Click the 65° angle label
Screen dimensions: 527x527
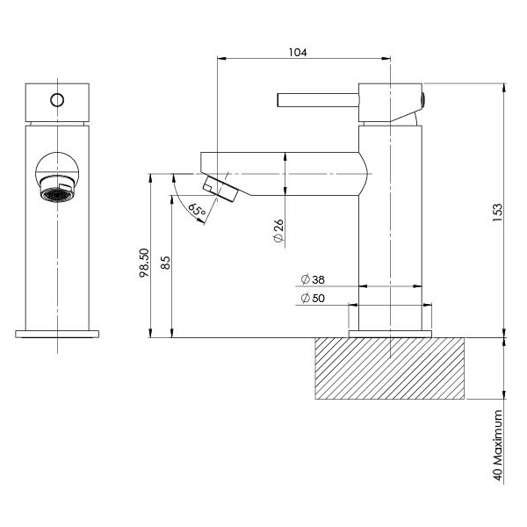click(197, 210)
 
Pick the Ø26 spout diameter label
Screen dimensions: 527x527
click(278, 231)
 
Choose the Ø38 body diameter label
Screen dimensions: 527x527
click(313, 279)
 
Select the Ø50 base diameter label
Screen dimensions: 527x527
click(313, 299)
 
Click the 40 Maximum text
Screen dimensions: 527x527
click(497, 445)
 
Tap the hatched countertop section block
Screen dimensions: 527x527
click(389, 368)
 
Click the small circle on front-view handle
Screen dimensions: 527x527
click(57, 98)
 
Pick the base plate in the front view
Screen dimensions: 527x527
click(58, 334)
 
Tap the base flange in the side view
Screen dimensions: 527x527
click(391, 334)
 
